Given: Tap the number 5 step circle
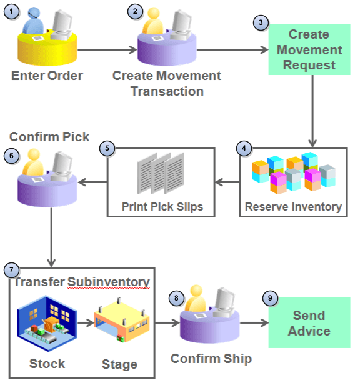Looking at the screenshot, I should click(x=107, y=149).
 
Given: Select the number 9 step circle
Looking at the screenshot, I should click(x=270, y=299).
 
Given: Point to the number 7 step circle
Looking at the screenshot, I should click(x=11, y=270).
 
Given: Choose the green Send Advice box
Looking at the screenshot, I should click(x=309, y=322).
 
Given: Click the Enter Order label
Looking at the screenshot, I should click(x=47, y=76).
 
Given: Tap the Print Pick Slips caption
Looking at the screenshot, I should click(x=161, y=206).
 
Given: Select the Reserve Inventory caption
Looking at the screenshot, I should click(x=293, y=206).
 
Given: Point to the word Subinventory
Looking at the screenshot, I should click(x=109, y=282).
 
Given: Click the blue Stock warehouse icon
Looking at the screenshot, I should click(x=46, y=322).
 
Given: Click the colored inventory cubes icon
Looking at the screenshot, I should click(x=294, y=174).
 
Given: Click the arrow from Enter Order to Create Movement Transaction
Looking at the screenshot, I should click(x=107, y=49).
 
